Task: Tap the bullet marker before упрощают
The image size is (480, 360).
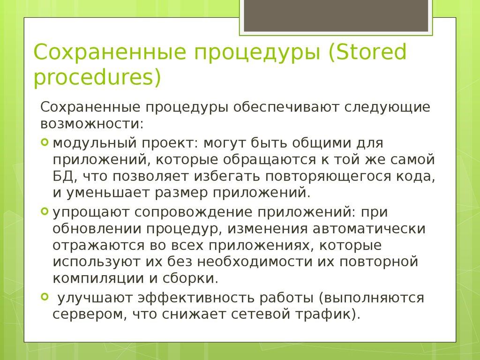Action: pyautogui.click(x=45, y=211)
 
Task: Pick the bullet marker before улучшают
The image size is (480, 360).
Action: pyautogui.click(x=45, y=297)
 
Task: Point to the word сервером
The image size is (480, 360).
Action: pyautogui.click(x=87, y=315)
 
